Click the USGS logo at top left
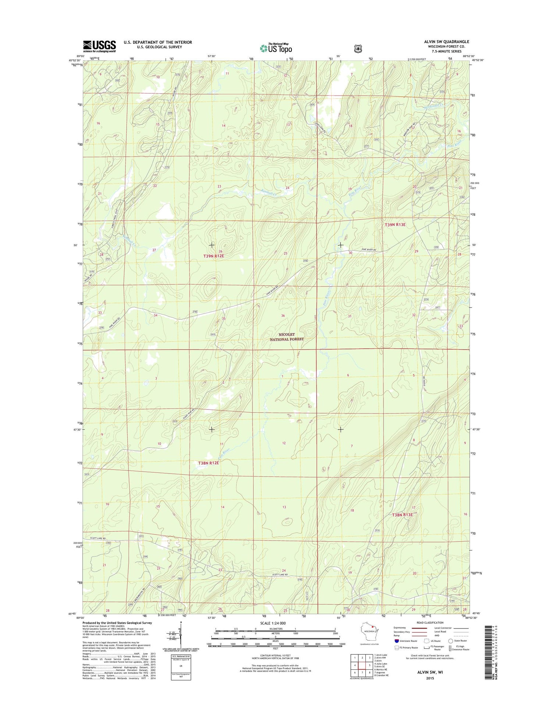tap(99, 46)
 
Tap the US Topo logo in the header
tap(276, 48)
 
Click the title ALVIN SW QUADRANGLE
tap(446, 42)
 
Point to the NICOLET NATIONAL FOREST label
tap(287, 337)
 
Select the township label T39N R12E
tap(213, 256)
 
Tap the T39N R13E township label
tap(395, 225)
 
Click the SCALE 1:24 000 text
tap(273, 623)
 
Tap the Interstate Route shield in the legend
tap(396, 641)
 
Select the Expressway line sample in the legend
tap(419, 628)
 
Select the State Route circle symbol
tap(450, 641)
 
